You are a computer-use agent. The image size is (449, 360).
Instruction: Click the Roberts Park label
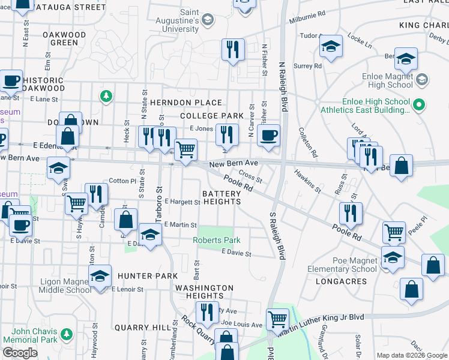click(x=217, y=241)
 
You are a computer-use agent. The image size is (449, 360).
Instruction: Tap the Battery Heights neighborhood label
click(x=221, y=198)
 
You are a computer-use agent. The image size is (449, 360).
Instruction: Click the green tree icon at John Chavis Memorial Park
click(x=67, y=334)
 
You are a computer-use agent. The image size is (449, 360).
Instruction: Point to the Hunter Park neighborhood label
click(x=147, y=276)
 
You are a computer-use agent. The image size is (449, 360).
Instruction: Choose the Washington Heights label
click(x=205, y=292)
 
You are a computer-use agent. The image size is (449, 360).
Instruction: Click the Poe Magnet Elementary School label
click(x=342, y=265)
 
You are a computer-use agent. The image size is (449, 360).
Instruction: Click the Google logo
click(x=20, y=352)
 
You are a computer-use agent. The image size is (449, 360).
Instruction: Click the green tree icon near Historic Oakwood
click(x=106, y=95)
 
